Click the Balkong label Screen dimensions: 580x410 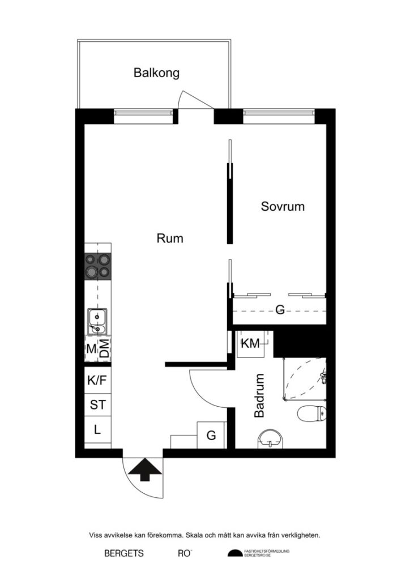coord(156,73)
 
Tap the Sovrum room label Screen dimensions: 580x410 coord(283,206)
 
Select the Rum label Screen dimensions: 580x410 coord(170,238)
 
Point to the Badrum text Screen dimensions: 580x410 coord(259,395)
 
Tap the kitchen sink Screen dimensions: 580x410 coord(97,322)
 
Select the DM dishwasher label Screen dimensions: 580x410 coord(104,348)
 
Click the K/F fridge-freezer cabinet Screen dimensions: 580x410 coord(97,380)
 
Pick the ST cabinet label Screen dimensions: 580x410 coord(97,405)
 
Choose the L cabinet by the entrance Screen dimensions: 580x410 coord(97,430)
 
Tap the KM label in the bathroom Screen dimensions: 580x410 coord(250,343)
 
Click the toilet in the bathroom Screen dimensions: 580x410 coord(312,414)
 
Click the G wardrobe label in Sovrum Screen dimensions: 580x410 coord(279,309)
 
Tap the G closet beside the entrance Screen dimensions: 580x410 coord(211,435)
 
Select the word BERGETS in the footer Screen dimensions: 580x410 coord(124,553)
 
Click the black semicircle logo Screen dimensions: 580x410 coord(234,553)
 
